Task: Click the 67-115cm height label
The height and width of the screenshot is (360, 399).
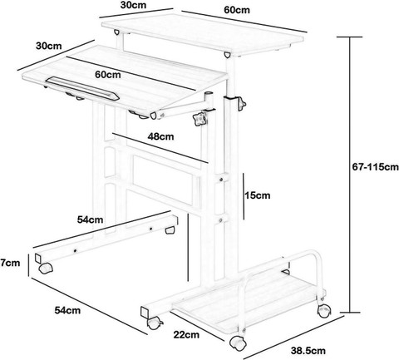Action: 376,167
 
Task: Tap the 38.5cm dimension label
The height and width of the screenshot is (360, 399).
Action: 308,351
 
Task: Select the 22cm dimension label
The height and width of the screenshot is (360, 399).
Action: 186,334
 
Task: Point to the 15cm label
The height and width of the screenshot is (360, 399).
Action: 257,195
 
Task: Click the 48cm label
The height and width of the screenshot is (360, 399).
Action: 160,136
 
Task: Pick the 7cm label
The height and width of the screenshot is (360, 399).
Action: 10,263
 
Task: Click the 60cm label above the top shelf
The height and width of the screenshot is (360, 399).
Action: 237,10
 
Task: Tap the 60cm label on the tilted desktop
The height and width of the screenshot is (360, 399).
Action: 108,74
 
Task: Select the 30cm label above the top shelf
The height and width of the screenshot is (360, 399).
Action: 133,5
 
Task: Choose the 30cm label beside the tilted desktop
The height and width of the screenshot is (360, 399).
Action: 49,46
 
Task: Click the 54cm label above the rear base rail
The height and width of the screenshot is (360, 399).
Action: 90,219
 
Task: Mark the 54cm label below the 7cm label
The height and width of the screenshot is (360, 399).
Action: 67,310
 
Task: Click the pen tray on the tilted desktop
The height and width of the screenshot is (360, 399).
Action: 82,88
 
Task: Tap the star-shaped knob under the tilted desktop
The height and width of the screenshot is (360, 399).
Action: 200,119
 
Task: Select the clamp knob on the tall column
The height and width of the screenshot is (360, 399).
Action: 241,103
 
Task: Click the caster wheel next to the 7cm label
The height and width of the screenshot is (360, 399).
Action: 46,269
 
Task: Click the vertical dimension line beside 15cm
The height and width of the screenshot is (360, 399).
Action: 244,196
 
